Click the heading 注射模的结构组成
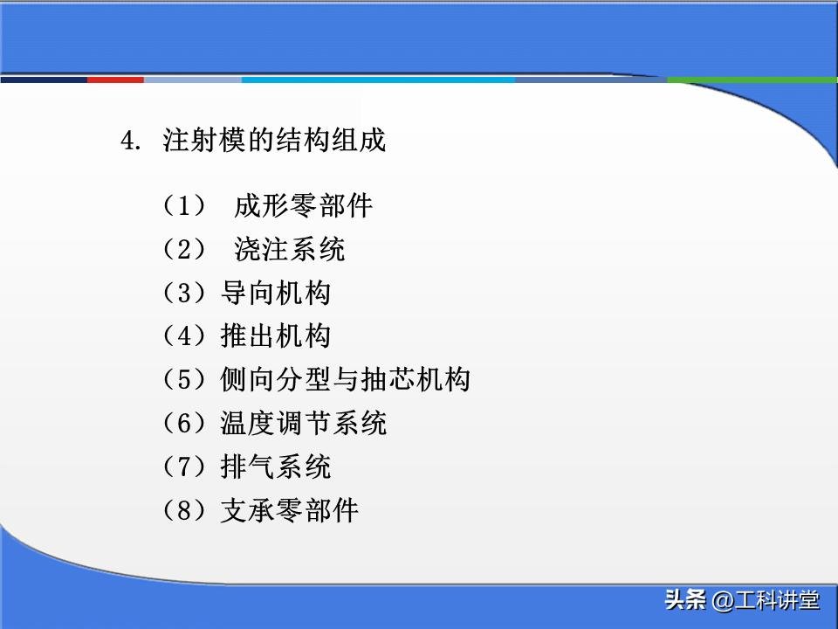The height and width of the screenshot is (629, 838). pyautogui.click(x=274, y=142)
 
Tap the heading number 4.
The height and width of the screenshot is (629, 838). pyautogui.click(x=130, y=142)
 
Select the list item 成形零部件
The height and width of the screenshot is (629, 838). pyautogui.click(x=304, y=206)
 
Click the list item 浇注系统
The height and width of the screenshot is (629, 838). pyautogui.click(x=290, y=250)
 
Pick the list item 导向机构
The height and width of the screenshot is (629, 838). pyautogui.click(x=276, y=294)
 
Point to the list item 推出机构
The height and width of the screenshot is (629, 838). pyautogui.click(x=276, y=336)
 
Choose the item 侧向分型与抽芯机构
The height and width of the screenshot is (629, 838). pyautogui.click(x=346, y=380)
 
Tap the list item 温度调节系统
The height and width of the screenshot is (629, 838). pyautogui.click(x=304, y=424)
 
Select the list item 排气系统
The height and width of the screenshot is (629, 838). pyautogui.click(x=276, y=467)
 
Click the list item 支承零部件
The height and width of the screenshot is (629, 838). pyautogui.click(x=290, y=510)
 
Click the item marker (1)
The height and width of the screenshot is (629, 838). pyautogui.click(x=183, y=206)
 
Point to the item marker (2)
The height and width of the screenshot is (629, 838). pyautogui.click(x=183, y=250)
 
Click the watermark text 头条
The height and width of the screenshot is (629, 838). pyautogui.click(x=684, y=601)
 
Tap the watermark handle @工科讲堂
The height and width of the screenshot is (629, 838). pyautogui.click(x=766, y=601)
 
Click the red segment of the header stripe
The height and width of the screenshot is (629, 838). pyautogui.click(x=115, y=79)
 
